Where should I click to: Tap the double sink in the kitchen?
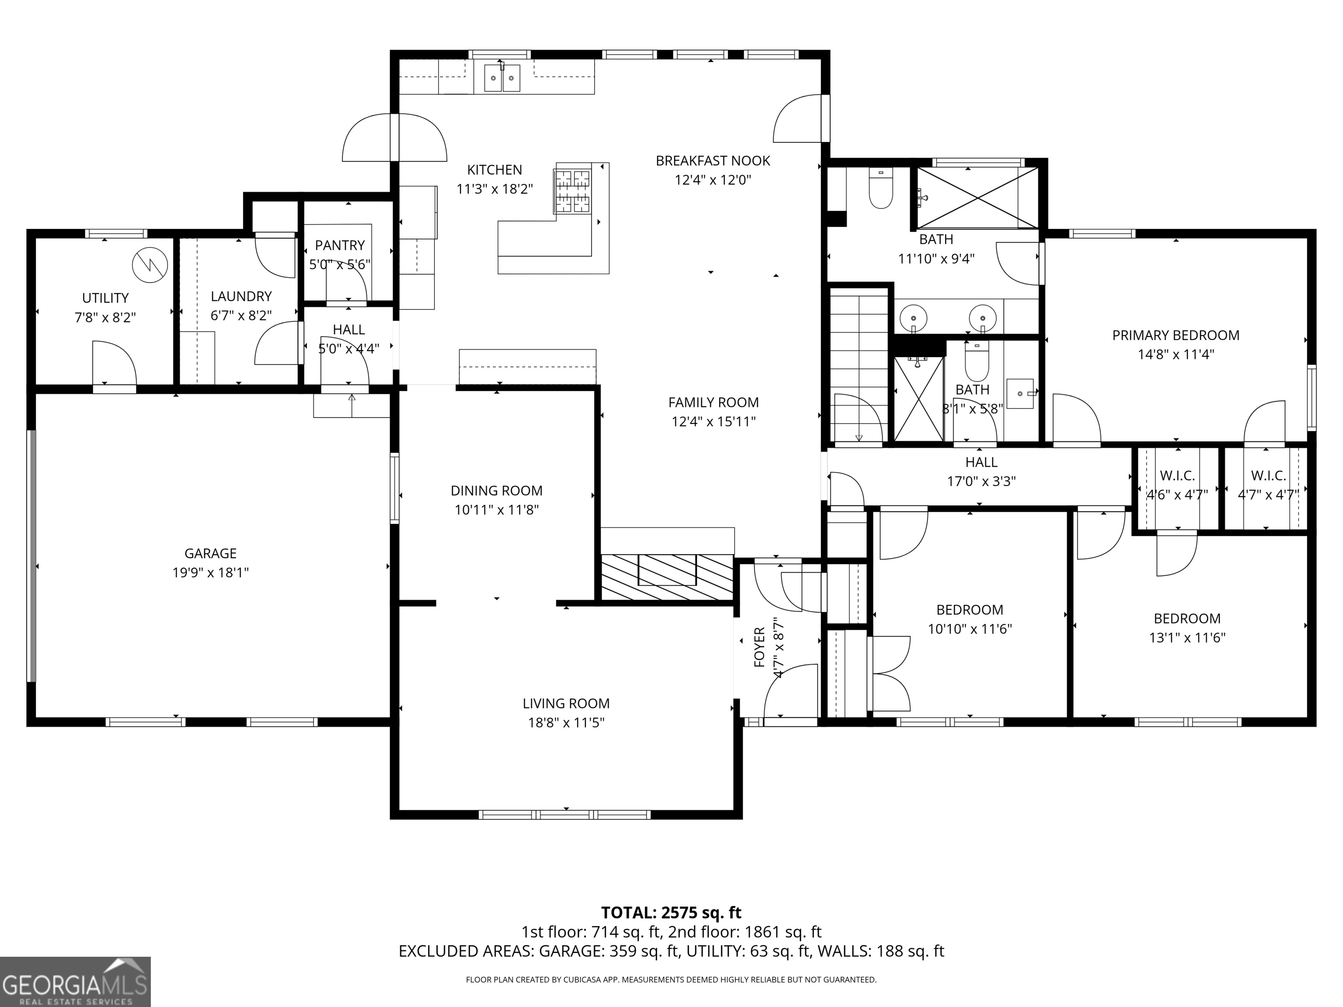pos(502,78)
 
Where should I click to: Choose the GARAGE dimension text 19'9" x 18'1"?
pos(211,573)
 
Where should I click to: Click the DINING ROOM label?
pos(497,490)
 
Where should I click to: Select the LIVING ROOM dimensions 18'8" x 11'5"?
pos(566,722)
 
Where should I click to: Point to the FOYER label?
pos(759,647)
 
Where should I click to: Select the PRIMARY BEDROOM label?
pos(1176,335)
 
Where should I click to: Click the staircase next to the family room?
pos(859,367)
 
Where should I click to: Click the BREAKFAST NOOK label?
pos(713,161)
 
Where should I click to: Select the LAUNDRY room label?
pos(241,296)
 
